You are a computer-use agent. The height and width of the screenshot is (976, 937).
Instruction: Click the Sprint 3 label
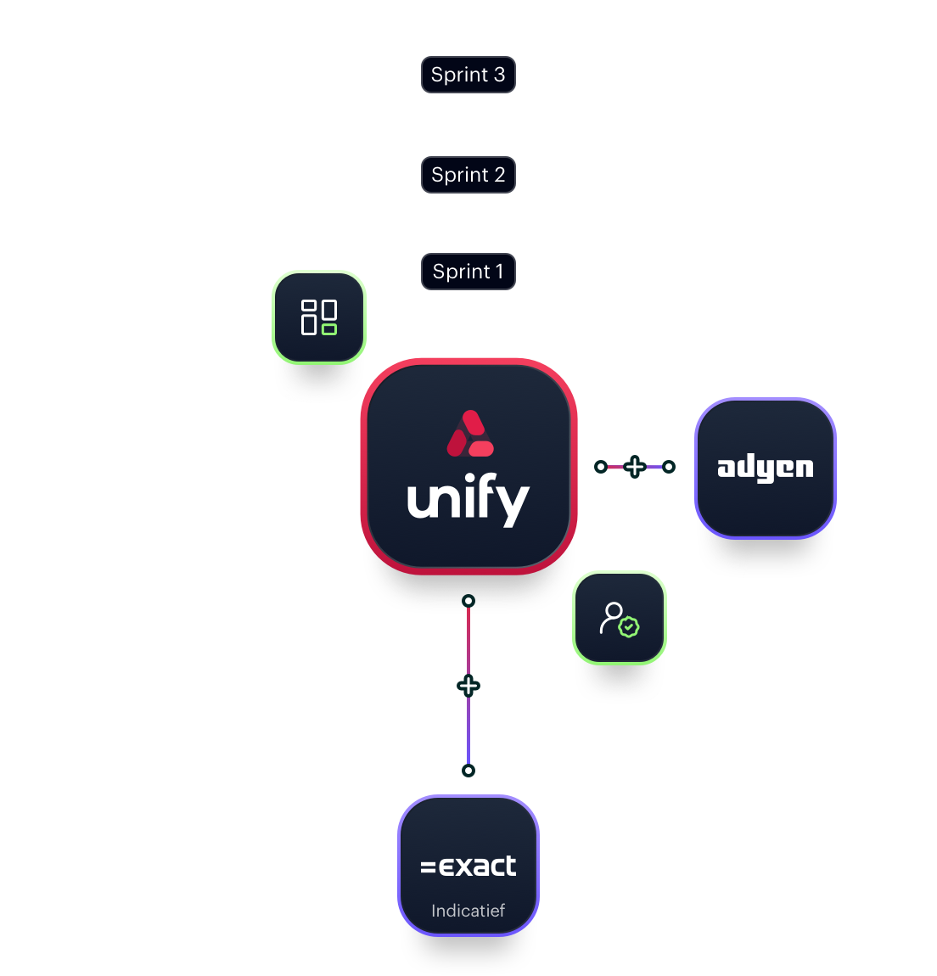click(x=468, y=75)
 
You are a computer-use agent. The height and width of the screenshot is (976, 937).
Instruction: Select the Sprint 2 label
click(x=468, y=175)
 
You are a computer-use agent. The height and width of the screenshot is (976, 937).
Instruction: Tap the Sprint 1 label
click(x=468, y=272)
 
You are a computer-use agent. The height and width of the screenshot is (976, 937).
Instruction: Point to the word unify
click(x=468, y=501)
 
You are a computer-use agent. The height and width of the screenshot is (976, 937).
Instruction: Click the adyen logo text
click(x=765, y=468)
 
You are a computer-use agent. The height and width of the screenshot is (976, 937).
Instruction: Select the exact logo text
click(x=468, y=866)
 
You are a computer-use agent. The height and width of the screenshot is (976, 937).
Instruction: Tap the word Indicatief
click(x=468, y=911)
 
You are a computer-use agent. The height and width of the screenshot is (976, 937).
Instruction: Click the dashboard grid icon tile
click(x=319, y=317)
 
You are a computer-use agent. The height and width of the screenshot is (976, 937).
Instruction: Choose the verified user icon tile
click(x=620, y=619)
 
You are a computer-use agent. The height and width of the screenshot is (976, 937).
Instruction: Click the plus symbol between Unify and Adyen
click(x=635, y=466)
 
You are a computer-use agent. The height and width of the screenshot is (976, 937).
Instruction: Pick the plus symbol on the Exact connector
click(x=468, y=686)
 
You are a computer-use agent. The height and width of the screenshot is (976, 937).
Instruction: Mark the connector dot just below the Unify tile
click(x=468, y=601)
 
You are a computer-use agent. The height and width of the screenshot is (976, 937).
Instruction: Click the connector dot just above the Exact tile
click(x=468, y=771)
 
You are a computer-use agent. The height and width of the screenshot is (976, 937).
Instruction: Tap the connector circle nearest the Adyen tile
click(x=669, y=466)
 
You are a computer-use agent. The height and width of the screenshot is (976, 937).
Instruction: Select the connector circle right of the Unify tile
click(x=601, y=466)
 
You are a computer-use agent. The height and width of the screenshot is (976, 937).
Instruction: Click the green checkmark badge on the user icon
click(x=629, y=627)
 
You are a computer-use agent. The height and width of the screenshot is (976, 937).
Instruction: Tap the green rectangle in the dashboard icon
click(x=329, y=329)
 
